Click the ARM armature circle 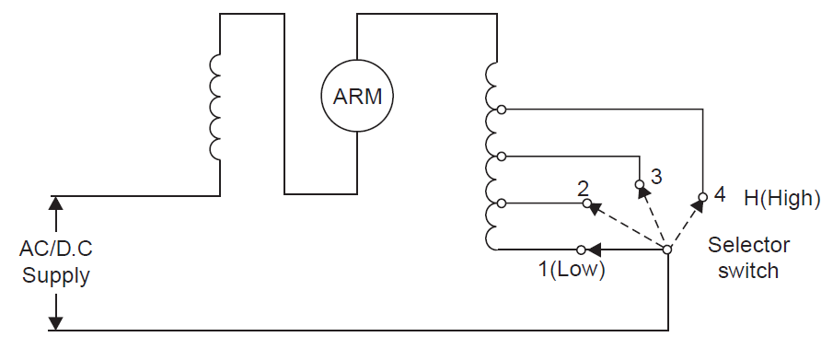[357, 96]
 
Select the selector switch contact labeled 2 [586, 203]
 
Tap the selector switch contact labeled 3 [640, 184]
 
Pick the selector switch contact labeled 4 [702, 196]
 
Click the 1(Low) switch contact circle [580, 249]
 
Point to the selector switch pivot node [667, 249]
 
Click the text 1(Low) [572, 271]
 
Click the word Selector [748, 246]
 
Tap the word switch [748, 271]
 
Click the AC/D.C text [55, 250]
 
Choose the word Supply [55, 274]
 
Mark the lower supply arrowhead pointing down [56, 322]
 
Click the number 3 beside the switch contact [655, 175]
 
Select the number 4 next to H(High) [720, 195]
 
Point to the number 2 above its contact [583, 188]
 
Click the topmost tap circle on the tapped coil [501, 109]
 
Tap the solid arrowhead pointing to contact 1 [596, 249]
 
